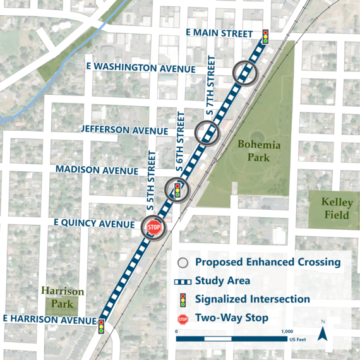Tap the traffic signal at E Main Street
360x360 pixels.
click(266, 36)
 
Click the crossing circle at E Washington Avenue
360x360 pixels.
click(246, 73)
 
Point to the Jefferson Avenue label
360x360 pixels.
click(124, 129)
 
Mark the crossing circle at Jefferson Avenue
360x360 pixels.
click(207, 133)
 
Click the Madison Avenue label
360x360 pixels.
click(97, 170)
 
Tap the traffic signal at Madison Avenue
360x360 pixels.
click(178, 189)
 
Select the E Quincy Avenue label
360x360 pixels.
click(94, 224)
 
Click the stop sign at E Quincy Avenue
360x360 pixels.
click(154, 227)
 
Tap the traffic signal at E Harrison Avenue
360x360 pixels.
click(101, 327)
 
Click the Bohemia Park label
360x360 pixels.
click(258, 150)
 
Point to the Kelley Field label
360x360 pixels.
click(337, 209)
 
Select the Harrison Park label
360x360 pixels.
click(63, 297)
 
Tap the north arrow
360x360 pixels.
click(323, 332)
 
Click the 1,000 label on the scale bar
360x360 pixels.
click(286, 331)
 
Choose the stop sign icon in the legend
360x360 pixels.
click(183, 319)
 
